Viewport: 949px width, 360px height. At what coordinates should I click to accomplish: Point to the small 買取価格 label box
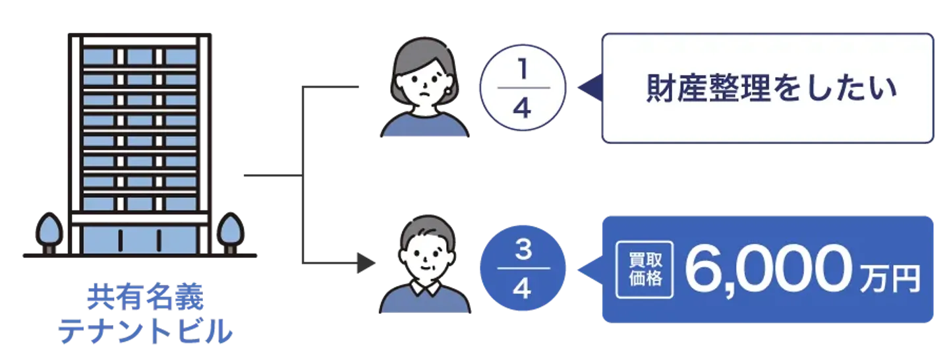click(644, 270)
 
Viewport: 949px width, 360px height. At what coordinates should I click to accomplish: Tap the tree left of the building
click(49, 231)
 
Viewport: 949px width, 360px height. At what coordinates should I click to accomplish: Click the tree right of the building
click(230, 231)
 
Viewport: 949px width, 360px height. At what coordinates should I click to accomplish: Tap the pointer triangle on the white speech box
click(588, 88)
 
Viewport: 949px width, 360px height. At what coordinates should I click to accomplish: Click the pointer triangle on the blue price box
click(588, 270)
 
